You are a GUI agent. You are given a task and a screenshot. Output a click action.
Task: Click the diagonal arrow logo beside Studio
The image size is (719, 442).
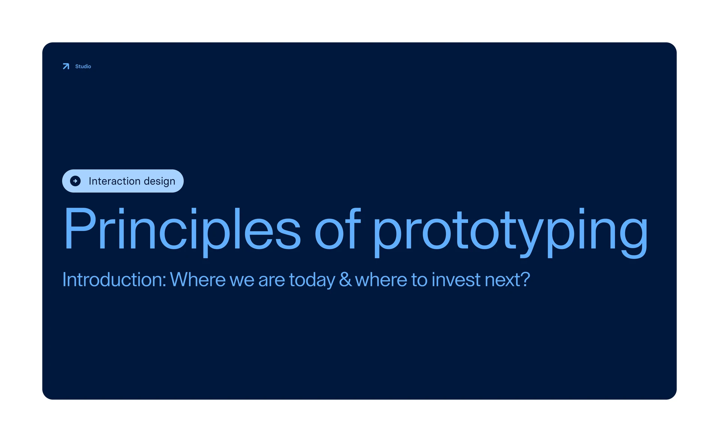click(x=66, y=66)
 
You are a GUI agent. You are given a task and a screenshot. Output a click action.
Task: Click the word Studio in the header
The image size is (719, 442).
click(x=83, y=66)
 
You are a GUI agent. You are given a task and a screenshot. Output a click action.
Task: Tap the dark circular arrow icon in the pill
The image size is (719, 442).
click(x=75, y=181)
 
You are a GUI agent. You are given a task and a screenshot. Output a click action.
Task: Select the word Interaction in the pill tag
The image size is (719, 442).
click(x=114, y=181)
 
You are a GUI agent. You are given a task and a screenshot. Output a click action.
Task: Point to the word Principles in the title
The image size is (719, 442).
click(x=182, y=228)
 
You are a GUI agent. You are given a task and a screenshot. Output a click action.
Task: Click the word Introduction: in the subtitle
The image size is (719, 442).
click(x=114, y=279)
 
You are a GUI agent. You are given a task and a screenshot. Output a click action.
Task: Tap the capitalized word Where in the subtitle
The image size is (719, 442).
click(x=198, y=279)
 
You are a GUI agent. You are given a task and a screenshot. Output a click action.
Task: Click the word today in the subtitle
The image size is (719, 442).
click(x=312, y=280)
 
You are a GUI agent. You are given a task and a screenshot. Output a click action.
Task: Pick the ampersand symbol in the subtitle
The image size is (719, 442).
click(x=345, y=280)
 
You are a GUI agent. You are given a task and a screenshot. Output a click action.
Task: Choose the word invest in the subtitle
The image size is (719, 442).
click(x=456, y=279)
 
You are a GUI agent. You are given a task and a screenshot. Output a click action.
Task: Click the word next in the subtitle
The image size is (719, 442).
click(x=503, y=280)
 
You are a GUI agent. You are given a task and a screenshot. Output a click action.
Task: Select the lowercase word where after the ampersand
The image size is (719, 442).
click(x=381, y=279)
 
